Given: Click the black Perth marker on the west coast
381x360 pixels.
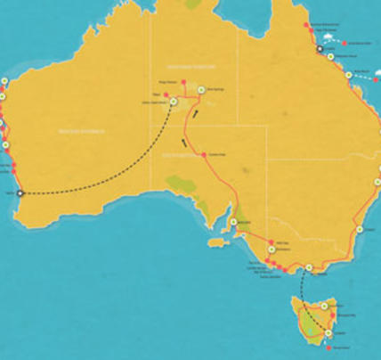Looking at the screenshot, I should (20, 192).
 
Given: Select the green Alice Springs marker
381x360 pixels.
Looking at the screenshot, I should (202, 89).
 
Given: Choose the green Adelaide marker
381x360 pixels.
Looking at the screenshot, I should (232, 222).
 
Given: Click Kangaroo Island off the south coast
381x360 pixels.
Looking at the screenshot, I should (216, 241).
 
